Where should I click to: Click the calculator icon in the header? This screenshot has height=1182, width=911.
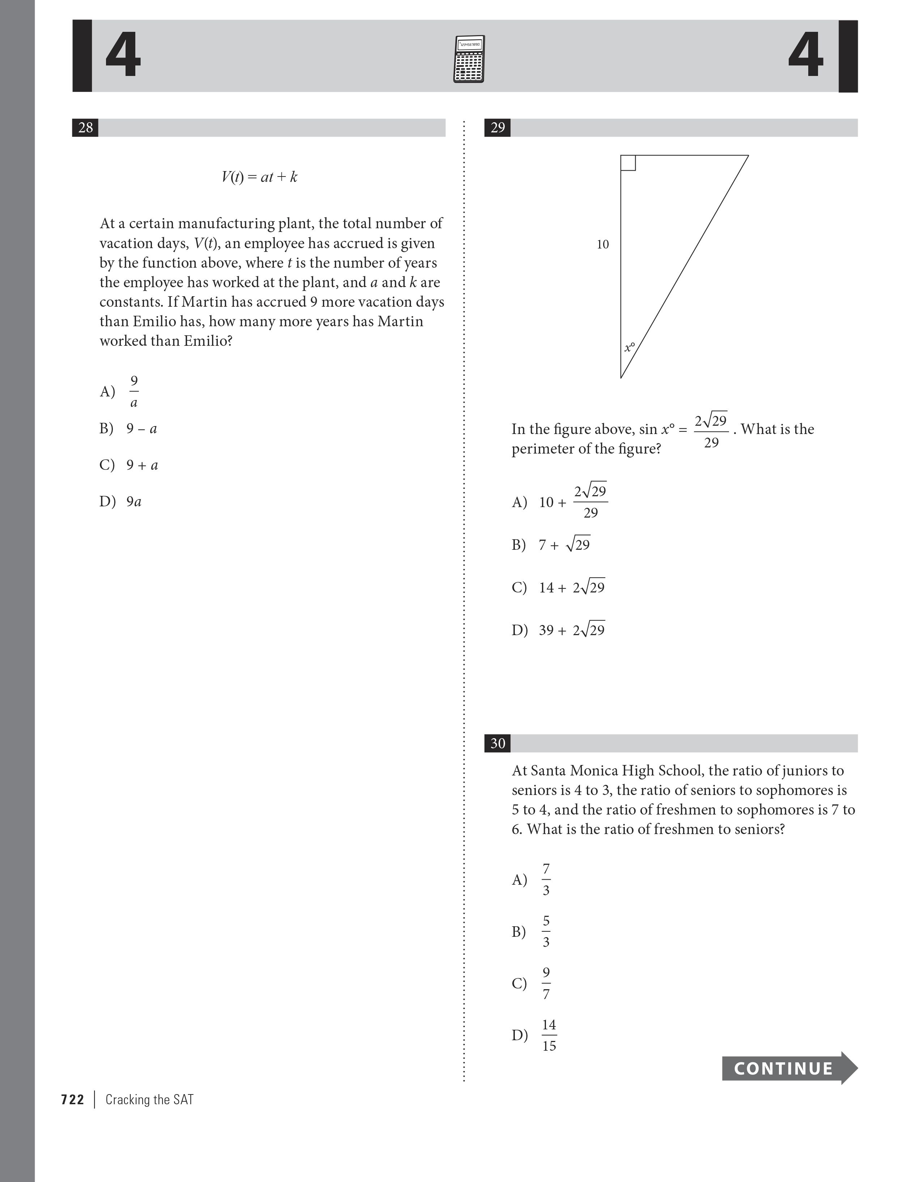point(469,59)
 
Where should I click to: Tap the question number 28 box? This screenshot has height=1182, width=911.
point(85,128)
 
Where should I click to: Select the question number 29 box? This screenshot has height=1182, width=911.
point(497,128)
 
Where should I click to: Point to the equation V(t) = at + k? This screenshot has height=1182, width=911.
point(259,177)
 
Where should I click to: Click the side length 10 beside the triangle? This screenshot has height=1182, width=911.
point(602,245)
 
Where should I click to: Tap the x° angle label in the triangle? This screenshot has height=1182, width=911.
point(629,347)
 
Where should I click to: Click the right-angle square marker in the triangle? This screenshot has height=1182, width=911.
point(628,163)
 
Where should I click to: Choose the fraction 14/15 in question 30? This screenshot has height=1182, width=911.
point(549,1035)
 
